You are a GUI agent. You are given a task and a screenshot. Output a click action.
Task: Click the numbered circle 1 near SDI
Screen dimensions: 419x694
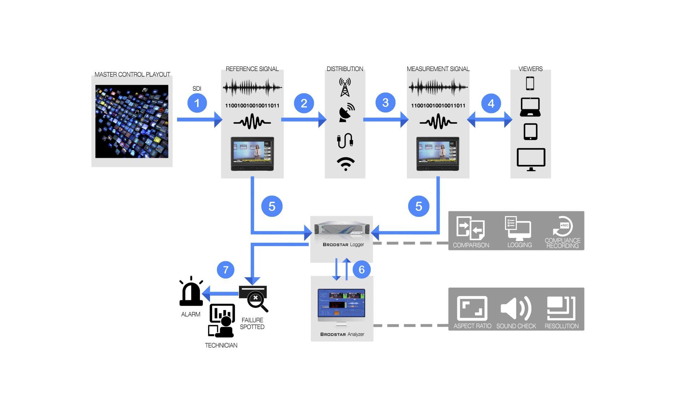point(197,103)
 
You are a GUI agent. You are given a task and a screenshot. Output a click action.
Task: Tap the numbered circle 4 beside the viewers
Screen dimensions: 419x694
point(491,103)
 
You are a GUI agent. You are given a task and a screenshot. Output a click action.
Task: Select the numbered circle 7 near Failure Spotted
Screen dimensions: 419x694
point(226,270)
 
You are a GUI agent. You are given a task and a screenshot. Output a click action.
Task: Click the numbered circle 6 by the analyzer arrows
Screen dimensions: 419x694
point(361,270)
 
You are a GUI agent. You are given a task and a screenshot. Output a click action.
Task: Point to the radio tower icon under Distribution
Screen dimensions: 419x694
point(345,87)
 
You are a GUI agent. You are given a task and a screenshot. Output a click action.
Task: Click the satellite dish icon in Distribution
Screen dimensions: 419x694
point(346,113)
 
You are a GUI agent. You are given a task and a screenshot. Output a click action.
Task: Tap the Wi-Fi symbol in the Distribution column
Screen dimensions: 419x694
point(346,164)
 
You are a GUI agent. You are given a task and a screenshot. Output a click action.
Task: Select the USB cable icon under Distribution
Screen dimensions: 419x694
point(345,140)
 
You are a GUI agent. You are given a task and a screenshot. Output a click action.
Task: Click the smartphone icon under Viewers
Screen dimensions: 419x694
point(530,84)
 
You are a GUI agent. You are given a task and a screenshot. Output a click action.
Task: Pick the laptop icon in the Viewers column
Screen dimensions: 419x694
point(530,107)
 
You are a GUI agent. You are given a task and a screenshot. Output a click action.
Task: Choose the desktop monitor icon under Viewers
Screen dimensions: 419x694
point(531,159)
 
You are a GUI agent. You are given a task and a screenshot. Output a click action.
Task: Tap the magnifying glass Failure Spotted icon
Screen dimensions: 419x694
point(255,299)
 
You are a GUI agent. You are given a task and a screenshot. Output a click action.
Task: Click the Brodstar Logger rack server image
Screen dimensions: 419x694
point(342,229)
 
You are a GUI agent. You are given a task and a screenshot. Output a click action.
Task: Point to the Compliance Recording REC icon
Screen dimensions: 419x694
point(562,226)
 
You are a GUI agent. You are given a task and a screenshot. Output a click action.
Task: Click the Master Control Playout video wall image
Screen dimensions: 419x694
point(132,121)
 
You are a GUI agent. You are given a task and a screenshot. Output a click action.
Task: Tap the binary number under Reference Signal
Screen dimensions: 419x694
point(252,106)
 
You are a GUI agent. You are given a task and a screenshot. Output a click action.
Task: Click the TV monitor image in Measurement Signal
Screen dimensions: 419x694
point(438,153)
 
